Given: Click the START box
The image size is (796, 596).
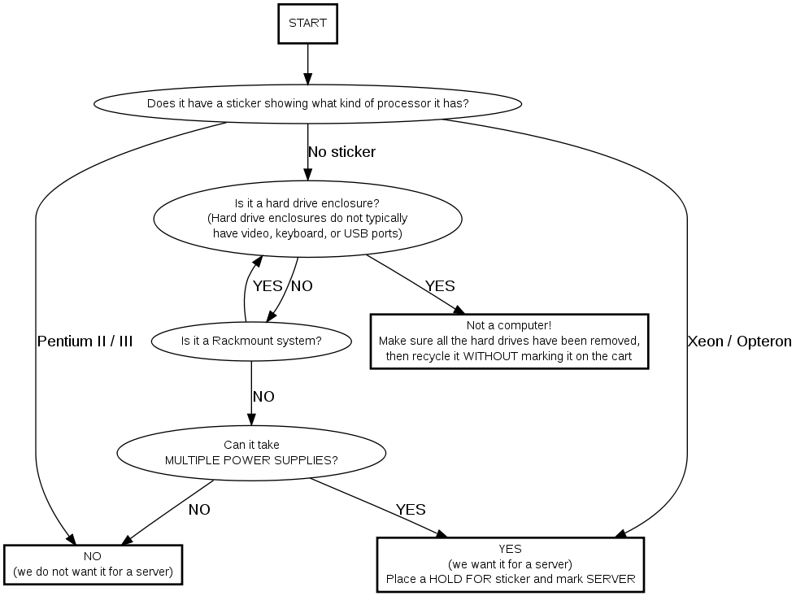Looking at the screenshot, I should [307, 23].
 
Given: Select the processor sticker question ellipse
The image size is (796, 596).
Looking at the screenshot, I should [307, 104].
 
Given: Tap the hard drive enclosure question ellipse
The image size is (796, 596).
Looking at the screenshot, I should [307, 218].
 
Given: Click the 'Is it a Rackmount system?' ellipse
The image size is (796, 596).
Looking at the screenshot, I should [251, 341].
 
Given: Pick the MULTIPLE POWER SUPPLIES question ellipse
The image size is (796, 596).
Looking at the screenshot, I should [251, 453].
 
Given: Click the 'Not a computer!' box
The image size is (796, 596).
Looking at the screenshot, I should [509, 342].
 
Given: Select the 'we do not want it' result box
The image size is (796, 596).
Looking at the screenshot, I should [93, 564].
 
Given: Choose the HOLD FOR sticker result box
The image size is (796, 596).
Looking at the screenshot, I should [510, 564].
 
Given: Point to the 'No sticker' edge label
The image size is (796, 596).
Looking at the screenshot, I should [341, 152].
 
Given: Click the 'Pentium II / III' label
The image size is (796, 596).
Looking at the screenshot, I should [85, 342].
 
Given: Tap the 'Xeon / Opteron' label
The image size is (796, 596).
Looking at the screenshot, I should [739, 342].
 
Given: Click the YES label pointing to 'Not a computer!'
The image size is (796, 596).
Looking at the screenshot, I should [440, 286].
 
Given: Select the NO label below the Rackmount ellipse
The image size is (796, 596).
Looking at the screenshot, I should [263, 397].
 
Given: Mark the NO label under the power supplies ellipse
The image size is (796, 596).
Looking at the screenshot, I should [199, 510].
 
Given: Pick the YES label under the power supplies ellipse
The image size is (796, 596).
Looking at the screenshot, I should [411, 510].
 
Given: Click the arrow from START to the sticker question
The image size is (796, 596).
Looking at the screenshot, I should [307, 63].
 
